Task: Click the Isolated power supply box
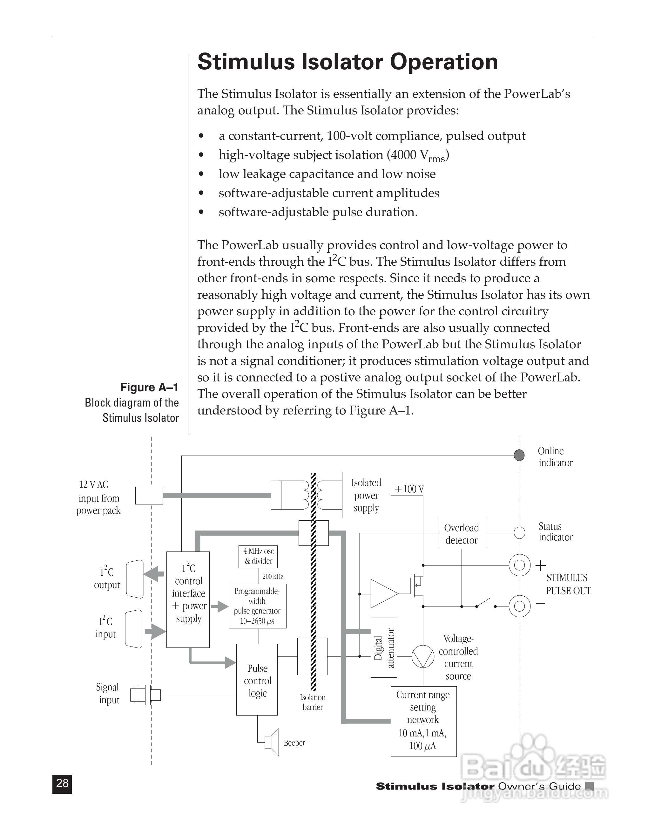click(x=366, y=495)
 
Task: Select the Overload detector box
click(x=461, y=534)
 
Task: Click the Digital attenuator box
click(x=384, y=648)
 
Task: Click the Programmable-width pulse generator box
click(x=257, y=606)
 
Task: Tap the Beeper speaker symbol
click(x=273, y=742)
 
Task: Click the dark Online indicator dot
click(x=519, y=455)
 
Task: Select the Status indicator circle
click(x=519, y=533)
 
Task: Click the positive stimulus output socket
click(x=519, y=565)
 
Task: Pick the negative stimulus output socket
click(x=519, y=606)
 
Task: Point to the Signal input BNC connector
click(x=145, y=695)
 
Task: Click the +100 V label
click(x=409, y=489)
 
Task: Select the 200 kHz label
click(x=273, y=577)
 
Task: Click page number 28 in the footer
click(x=62, y=783)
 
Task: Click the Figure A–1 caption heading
click(x=149, y=387)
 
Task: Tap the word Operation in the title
click(x=443, y=62)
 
